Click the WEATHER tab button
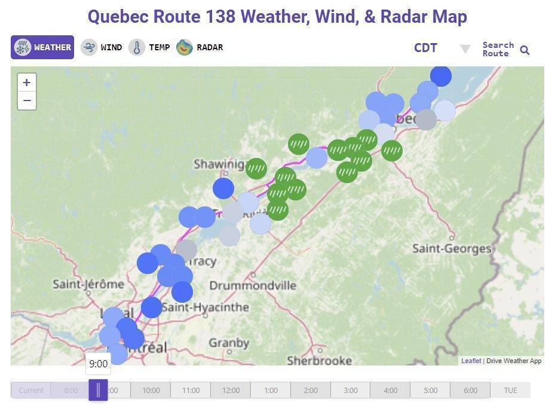[x=42, y=47]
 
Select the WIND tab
[x=102, y=47]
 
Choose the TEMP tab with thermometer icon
[x=150, y=47]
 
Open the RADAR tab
[x=200, y=47]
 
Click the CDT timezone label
[x=425, y=48]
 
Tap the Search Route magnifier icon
[x=525, y=50]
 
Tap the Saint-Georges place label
[x=452, y=248]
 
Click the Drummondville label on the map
[x=253, y=285]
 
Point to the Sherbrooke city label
[x=319, y=361]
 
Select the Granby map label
[x=229, y=343]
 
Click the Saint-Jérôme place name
[x=88, y=284]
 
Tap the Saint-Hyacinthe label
[x=206, y=307]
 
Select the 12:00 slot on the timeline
[x=231, y=391]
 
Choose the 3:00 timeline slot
[x=351, y=391]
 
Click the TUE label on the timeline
[x=510, y=391]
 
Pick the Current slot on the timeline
[x=30, y=391]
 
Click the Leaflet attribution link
[x=471, y=361]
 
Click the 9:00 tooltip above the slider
[x=98, y=364]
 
